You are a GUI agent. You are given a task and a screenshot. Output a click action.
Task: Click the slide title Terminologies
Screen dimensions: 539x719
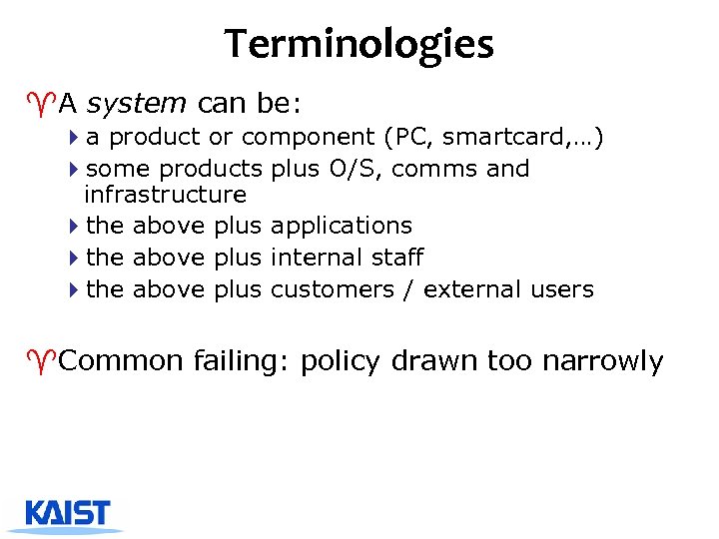point(359,44)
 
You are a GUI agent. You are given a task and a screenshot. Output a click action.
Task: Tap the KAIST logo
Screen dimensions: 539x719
point(69,513)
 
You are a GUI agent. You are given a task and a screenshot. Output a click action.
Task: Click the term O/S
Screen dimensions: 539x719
point(354,169)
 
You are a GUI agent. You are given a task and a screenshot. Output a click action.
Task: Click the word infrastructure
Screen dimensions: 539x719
point(165,194)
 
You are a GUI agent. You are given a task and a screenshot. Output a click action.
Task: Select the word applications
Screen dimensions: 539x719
point(341,226)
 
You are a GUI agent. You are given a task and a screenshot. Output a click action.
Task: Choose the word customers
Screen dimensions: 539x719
point(332,289)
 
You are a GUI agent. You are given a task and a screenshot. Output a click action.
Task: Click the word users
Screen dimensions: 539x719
point(560,289)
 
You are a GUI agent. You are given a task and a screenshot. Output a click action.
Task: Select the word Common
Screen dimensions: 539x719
point(121,361)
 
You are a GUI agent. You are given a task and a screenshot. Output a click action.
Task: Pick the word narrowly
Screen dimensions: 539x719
point(602,361)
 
